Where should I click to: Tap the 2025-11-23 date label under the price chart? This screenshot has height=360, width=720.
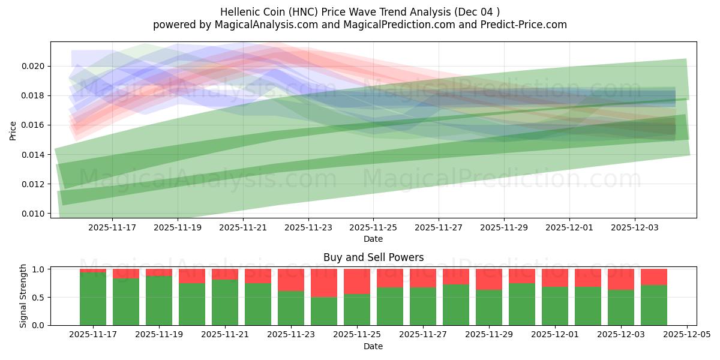click(x=308, y=228)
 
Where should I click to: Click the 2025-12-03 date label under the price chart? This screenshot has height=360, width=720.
click(x=635, y=228)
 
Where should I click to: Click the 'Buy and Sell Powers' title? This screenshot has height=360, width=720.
click(x=373, y=257)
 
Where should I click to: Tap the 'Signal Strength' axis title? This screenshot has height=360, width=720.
click(x=23, y=296)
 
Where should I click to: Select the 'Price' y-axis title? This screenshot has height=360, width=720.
click(x=13, y=130)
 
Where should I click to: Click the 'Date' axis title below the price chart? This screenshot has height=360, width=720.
click(x=373, y=239)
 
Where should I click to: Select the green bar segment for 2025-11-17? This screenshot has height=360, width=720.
click(x=93, y=299)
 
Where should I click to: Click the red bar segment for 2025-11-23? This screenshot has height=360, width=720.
click(x=291, y=280)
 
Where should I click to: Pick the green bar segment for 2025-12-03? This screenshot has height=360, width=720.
click(x=621, y=307)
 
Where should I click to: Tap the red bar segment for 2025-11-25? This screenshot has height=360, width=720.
click(x=357, y=281)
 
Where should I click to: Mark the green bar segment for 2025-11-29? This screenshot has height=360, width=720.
click(x=489, y=307)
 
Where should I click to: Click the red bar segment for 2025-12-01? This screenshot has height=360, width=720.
click(x=555, y=278)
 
